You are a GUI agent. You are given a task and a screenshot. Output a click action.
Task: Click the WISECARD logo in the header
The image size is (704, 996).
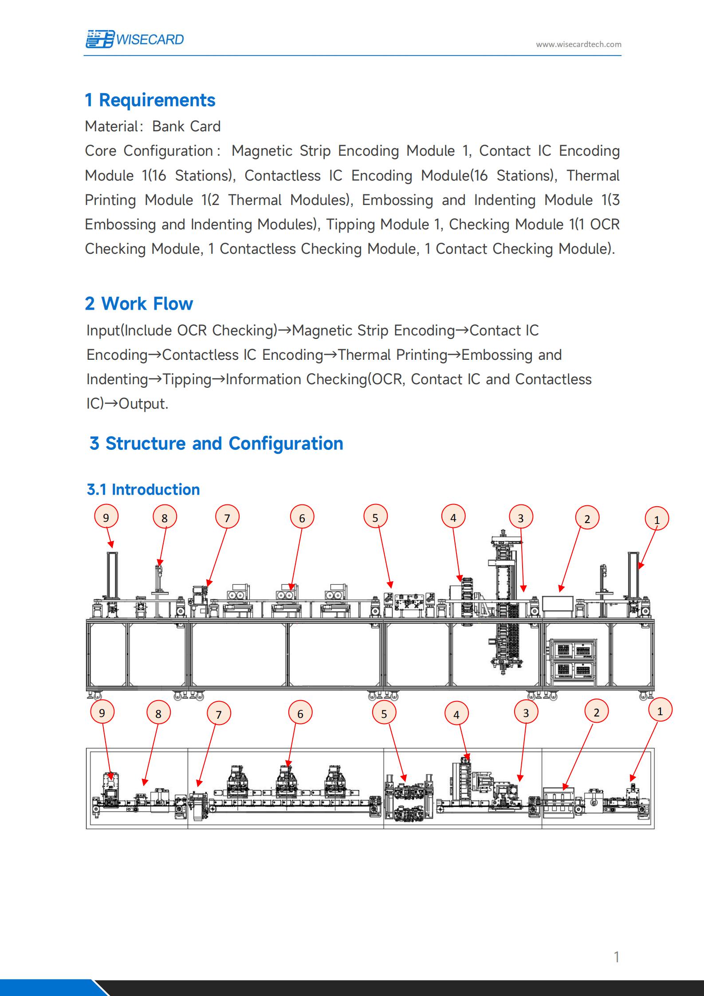[134, 39]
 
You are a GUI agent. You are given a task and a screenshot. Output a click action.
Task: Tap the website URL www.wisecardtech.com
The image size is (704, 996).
[578, 44]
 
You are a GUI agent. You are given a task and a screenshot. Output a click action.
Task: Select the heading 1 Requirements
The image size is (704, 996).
[150, 100]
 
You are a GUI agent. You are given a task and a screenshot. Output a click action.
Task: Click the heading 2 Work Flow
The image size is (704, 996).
[139, 304]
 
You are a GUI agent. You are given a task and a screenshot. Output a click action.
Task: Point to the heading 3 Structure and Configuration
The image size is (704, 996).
[216, 443]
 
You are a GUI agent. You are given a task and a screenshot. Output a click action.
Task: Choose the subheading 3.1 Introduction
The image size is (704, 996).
[143, 489]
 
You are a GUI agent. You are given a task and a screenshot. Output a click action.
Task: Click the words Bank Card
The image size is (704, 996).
[186, 126]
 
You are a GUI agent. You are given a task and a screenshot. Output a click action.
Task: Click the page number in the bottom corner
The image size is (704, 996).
[616, 957]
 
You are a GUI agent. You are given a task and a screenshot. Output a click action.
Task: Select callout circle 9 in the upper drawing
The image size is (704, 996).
[106, 517]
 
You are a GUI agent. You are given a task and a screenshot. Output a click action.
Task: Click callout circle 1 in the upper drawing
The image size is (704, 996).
[657, 520]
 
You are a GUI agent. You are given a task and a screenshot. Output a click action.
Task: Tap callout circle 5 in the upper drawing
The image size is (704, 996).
[375, 517]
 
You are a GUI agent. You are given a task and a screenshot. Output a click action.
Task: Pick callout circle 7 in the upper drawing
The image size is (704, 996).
[227, 518]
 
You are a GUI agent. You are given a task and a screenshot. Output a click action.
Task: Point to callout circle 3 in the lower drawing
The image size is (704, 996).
[526, 713]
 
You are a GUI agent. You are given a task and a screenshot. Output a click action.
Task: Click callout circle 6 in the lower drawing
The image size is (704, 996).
[300, 713]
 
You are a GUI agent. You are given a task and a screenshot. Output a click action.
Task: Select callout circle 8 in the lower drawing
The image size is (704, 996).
[158, 713]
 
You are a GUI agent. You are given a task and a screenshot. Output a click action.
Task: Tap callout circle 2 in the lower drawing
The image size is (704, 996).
[596, 712]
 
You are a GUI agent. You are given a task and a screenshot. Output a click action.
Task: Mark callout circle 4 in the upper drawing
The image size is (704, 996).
[453, 517]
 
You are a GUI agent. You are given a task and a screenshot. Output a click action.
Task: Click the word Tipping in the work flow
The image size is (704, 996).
[187, 379]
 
